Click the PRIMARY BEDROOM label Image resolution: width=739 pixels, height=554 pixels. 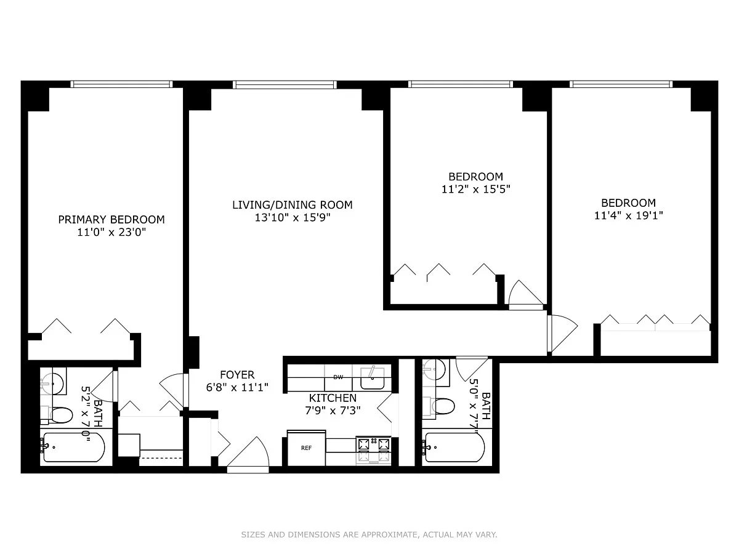pyautogui.click(x=111, y=220)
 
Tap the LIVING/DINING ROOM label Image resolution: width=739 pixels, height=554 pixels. pyautogui.click(x=293, y=205)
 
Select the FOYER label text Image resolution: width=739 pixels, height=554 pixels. pyautogui.click(x=237, y=375)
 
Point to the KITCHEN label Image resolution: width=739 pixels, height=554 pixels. pyautogui.click(x=333, y=398)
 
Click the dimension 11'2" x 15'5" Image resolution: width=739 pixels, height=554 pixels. pyautogui.click(x=475, y=190)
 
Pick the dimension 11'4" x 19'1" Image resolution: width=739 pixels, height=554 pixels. pyautogui.click(x=628, y=215)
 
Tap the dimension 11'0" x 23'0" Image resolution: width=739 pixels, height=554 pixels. pyautogui.click(x=111, y=233)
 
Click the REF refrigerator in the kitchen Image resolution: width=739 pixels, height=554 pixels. pyautogui.click(x=306, y=448)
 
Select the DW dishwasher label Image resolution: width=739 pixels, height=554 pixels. pyautogui.click(x=338, y=377)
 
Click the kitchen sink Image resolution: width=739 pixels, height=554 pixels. pyautogui.click(x=373, y=379)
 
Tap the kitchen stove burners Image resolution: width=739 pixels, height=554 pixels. pyautogui.click(x=374, y=451)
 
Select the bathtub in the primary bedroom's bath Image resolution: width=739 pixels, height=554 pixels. pyautogui.click(x=74, y=447)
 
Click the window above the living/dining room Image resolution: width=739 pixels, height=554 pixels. pyautogui.click(x=285, y=84)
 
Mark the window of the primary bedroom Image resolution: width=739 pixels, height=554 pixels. pyautogui.click(x=121, y=84)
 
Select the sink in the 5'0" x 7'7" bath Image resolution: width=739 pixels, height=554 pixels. pyautogui.click(x=435, y=369)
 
